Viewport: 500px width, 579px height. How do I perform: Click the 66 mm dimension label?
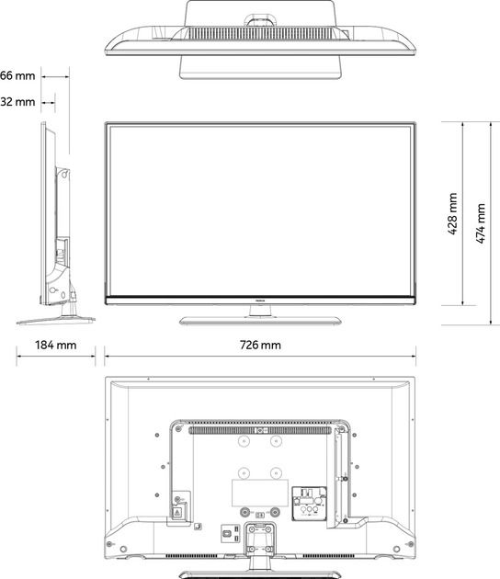[17, 74]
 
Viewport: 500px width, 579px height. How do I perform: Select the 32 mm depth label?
[17, 101]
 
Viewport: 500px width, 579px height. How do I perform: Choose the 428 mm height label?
[452, 214]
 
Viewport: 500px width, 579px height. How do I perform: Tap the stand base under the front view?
[260, 320]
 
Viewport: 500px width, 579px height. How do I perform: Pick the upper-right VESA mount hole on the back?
[276, 441]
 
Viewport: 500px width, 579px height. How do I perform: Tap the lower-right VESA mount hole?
[276, 474]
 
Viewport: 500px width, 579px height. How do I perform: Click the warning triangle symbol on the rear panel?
[177, 514]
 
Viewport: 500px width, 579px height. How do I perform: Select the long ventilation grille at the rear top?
[259, 429]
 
